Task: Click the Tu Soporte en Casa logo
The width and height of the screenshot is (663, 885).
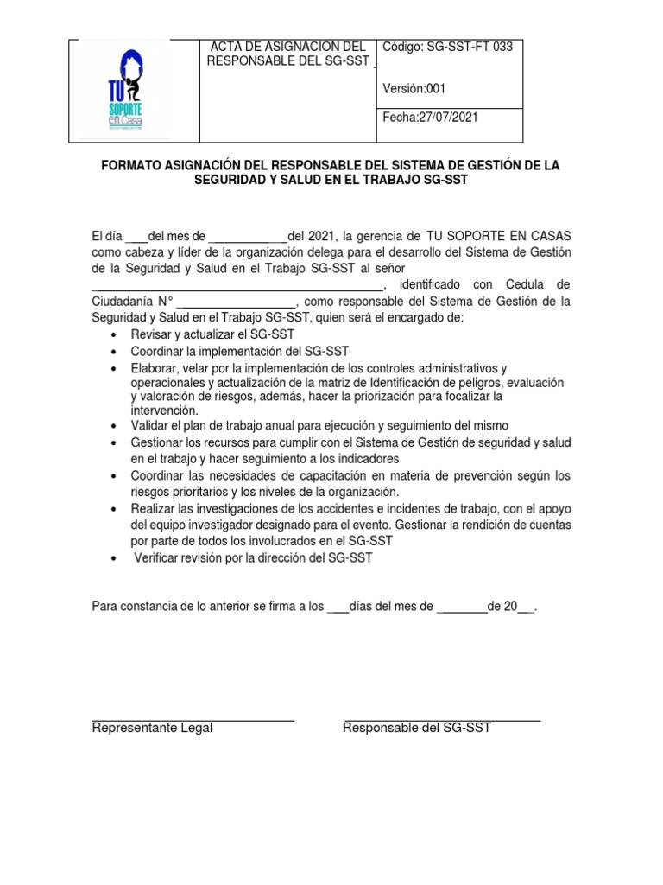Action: click(123, 91)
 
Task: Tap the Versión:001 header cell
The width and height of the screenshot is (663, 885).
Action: click(414, 87)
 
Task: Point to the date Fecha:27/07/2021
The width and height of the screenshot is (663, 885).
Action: click(429, 117)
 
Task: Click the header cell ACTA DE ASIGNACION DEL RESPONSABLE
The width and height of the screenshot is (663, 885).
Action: click(288, 54)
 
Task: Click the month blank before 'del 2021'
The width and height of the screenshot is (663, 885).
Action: click(248, 237)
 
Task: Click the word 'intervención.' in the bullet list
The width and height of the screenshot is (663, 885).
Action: click(164, 410)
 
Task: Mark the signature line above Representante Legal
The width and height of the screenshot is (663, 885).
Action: click(193, 720)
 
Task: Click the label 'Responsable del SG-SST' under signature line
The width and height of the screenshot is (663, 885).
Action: click(416, 728)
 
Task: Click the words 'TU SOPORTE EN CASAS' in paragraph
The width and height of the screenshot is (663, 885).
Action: click(497, 236)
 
